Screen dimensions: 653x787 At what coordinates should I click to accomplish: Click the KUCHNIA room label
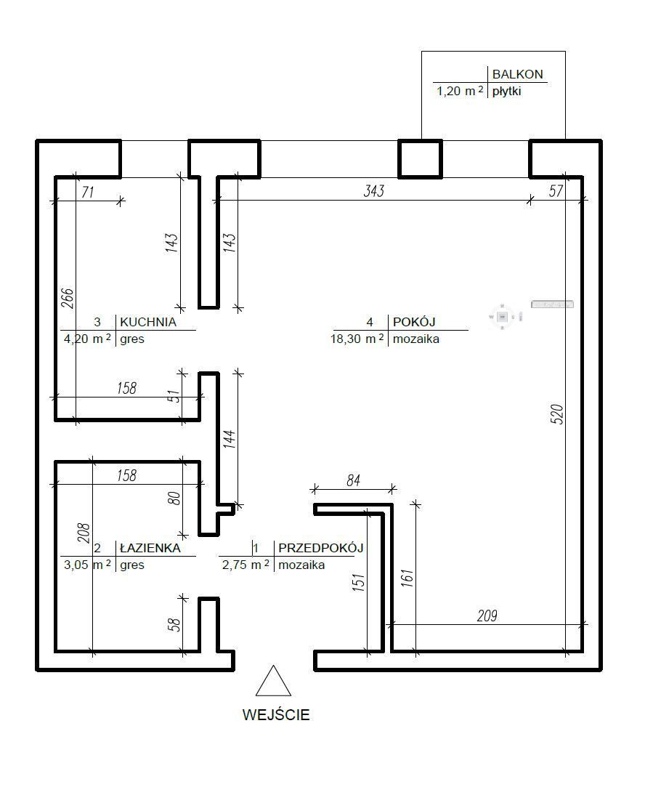pos(148,322)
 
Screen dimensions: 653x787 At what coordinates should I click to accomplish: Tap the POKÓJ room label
pos(414,322)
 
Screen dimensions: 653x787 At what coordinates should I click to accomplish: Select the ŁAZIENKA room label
pos(150,548)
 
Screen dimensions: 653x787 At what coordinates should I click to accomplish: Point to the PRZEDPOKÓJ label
pos(320,548)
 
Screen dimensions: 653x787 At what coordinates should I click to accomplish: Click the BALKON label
pos(518,74)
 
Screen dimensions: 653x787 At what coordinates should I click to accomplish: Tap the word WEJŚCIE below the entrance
pos(276,715)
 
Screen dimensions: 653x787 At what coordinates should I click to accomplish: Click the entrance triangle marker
pos(273,681)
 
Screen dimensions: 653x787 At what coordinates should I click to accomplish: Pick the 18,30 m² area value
pos(357,339)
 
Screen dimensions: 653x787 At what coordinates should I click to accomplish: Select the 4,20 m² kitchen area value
pos(87,339)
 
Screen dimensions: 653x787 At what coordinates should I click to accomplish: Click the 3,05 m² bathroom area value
pos(87,564)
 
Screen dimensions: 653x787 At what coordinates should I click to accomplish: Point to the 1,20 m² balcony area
pos(461,91)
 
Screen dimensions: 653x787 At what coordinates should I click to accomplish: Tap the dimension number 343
pos(374,190)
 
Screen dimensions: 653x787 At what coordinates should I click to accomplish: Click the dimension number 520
pos(557,415)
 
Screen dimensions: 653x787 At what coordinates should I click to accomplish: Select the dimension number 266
pos(68,298)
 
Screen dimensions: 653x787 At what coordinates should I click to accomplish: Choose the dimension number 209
pos(487,616)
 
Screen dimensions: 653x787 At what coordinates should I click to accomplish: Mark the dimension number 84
pos(354,480)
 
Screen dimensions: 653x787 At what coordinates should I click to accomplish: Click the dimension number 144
pos(230,439)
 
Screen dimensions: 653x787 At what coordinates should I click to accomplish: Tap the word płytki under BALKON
pos(506,92)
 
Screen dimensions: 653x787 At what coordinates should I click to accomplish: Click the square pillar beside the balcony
pos(421,159)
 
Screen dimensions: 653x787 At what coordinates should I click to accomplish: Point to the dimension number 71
pos(88,192)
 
